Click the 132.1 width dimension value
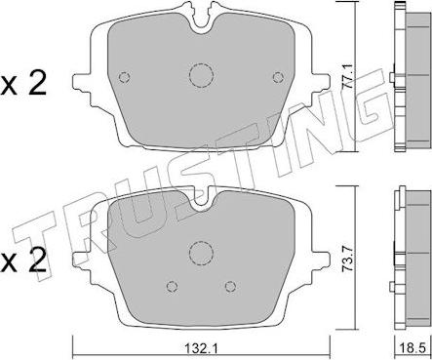tap(201, 349)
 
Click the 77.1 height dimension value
tap(347, 76)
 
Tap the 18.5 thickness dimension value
tap(413, 349)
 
